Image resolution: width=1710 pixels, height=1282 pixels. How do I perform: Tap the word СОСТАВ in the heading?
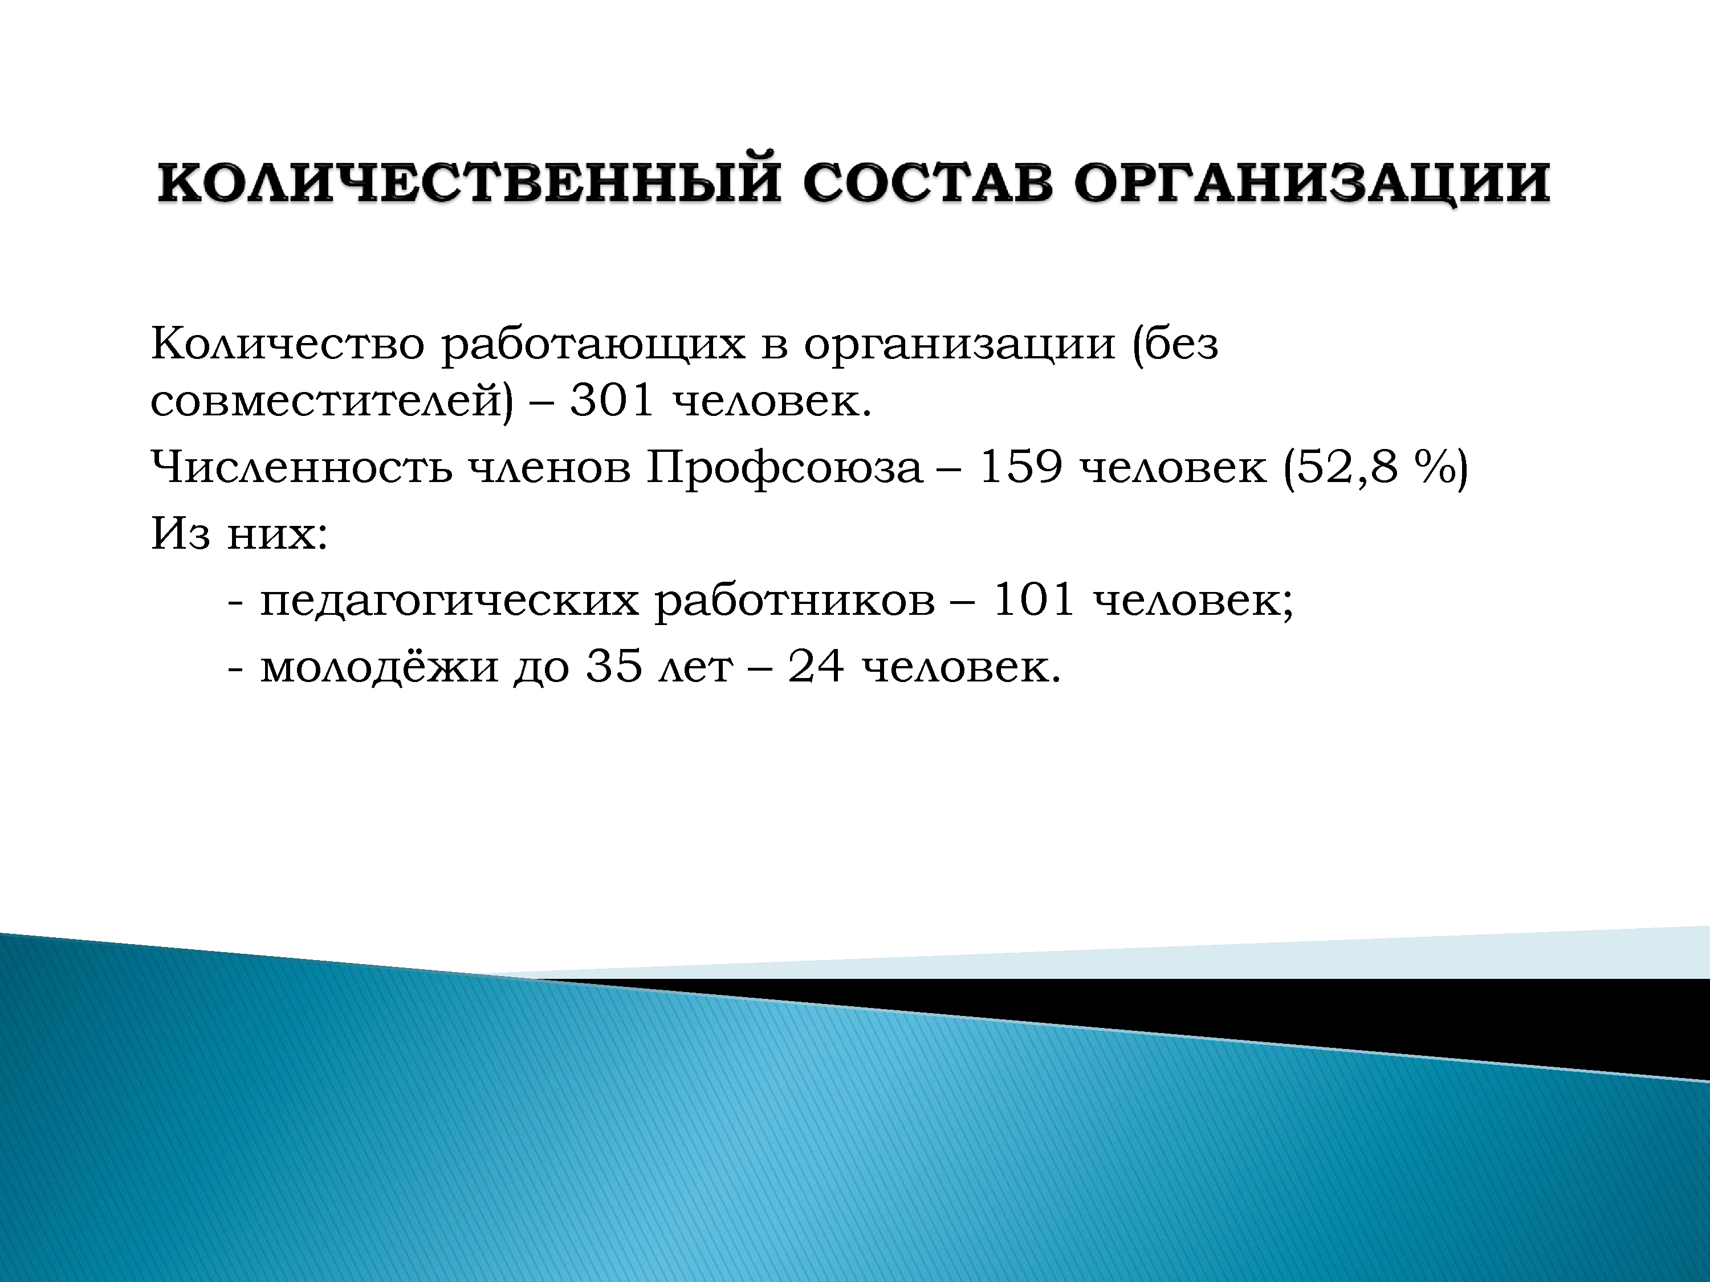tap(927, 183)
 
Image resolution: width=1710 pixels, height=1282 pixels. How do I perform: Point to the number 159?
tap(1020, 468)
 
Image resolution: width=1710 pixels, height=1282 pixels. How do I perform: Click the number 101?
tap(1033, 599)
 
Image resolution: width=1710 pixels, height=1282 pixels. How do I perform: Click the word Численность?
tap(302, 468)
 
